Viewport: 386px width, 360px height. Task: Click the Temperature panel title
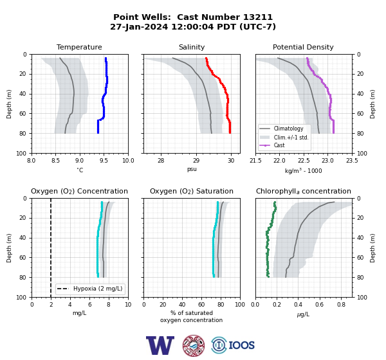(79, 47)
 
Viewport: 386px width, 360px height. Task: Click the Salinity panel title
(192, 47)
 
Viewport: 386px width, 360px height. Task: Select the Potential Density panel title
(303, 47)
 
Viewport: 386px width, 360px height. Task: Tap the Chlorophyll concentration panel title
(303, 191)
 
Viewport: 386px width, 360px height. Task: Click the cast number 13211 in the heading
(258, 17)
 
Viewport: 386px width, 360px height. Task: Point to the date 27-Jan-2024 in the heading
(139, 26)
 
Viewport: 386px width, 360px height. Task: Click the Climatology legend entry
(288, 129)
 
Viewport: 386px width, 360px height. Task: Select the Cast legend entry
(279, 145)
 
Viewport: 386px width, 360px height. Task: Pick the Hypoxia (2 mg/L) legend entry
(98, 289)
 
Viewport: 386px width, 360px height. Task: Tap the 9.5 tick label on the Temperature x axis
(104, 161)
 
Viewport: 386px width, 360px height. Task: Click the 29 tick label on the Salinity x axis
(196, 161)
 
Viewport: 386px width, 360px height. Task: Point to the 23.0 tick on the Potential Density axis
(327, 161)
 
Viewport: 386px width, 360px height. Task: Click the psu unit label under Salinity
(192, 170)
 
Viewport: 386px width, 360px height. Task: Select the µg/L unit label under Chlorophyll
(303, 314)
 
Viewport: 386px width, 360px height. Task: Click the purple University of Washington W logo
(160, 345)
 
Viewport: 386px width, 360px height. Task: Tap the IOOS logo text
(241, 345)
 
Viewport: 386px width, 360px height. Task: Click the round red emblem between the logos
(194, 345)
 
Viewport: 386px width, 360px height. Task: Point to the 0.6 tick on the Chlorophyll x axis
(320, 305)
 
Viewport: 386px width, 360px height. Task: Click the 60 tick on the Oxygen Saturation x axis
(201, 305)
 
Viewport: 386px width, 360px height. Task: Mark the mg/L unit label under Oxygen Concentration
(80, 313)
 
